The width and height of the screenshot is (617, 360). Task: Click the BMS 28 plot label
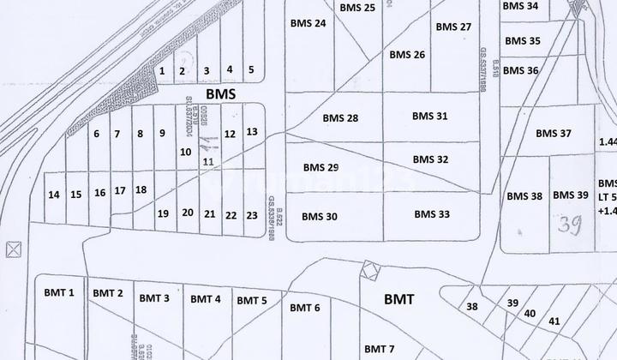340,117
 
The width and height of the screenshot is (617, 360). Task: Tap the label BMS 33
432,214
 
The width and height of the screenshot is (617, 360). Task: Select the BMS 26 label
407,55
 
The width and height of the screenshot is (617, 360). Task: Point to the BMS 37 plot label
553,133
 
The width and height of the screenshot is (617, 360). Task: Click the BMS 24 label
308,23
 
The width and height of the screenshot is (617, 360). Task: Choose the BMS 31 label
429,116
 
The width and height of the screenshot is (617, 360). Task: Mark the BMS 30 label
320,217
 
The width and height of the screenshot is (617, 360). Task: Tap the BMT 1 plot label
59,293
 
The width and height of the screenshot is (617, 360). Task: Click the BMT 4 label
206,299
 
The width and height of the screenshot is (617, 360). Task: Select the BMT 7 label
379,349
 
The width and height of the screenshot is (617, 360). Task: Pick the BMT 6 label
305,308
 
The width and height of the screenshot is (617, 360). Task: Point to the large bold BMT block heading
399,300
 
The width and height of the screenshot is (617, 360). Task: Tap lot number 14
54,195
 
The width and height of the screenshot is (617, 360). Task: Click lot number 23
252,215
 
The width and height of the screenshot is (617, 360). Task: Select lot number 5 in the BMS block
251,70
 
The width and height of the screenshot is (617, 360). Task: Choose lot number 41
554,321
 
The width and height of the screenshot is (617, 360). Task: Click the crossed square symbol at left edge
12,250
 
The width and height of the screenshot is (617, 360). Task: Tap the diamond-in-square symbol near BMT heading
369,270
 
